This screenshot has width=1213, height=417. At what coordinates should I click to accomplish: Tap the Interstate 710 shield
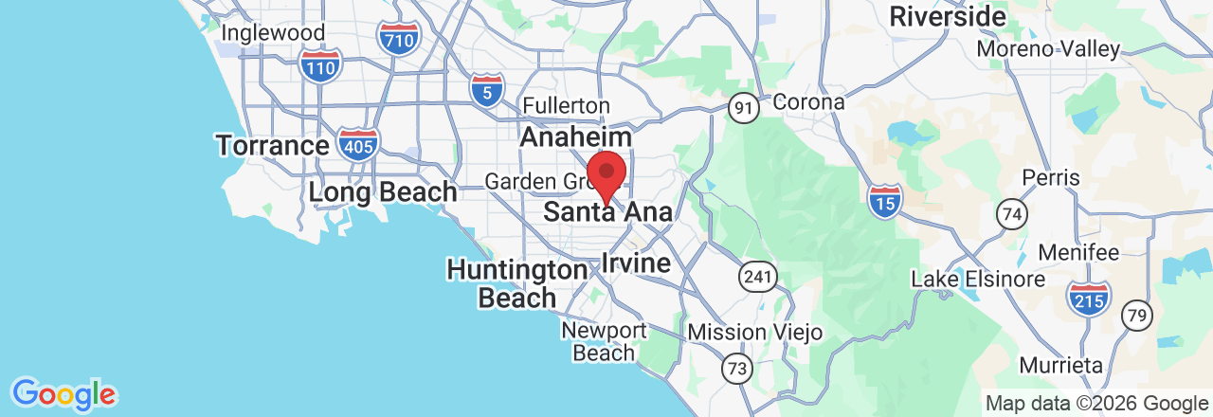pyautogui.click(x=398, y=38)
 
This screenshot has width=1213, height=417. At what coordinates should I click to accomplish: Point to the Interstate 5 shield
pyautogui.click(x=486, y=89)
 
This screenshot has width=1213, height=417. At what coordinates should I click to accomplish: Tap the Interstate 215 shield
pyautogui.click(x=1088, y=298)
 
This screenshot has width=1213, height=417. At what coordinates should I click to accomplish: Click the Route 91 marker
pyautogui.click(x=745, y=108)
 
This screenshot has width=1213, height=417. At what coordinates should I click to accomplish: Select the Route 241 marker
pyautogui.click(x=758, y=277)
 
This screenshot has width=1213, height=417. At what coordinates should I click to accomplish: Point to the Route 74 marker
pyautogui.click(x=1013, y=214)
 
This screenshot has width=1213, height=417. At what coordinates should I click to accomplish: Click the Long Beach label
pyautogui.click(x=383, y=192)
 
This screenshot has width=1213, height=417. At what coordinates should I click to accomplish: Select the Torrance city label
pyautogui.click(x=272, y=146)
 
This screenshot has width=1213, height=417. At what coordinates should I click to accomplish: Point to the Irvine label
pyautogui.click(x=636, y=262)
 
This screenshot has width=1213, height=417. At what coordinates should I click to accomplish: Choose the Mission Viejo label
pyautogui.click(x=754, y=332)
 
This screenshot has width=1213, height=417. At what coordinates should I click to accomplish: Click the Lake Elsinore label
pyautogui.click(x=978, y=280)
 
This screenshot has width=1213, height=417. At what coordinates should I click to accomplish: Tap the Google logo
pyautogui.click(x=63, y=393)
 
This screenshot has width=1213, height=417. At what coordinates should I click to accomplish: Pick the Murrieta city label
pyautogui.click(x=1061, y=365)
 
